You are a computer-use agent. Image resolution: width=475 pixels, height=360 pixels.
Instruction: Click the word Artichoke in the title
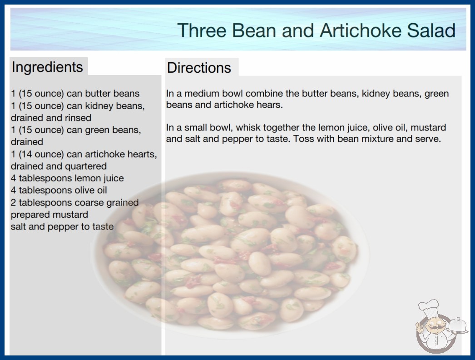click(x=360, y=30)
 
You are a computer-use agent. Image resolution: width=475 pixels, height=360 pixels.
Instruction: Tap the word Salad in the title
click(x=431, y=30)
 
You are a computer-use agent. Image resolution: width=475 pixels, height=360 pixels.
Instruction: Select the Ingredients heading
click(x=47, y=67)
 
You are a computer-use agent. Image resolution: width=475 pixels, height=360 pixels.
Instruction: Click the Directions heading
click(x=199, y=68)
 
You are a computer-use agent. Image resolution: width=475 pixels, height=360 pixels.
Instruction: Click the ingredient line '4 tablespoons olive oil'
click(x=59, y=190)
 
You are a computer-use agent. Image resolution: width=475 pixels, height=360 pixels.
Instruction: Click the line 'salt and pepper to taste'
click(x=62, y=227)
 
